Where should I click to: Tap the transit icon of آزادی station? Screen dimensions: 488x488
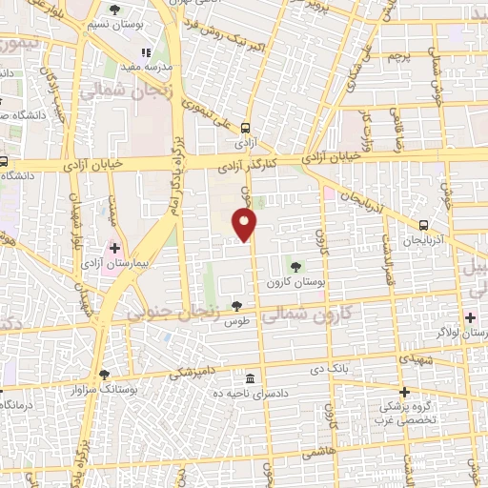pos(246,129)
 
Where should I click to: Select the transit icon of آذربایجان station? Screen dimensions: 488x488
pos(423,225)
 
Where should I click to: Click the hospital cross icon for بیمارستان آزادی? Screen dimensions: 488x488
pos(115,248)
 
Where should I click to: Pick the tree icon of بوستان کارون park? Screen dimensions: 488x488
pos(295,264)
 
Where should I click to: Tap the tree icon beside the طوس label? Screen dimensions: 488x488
pos(236,305)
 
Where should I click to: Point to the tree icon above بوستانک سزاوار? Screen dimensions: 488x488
pos(104,375)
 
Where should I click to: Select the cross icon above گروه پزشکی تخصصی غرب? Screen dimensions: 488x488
pos(404,392)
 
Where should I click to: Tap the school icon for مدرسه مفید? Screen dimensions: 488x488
pos(145,53)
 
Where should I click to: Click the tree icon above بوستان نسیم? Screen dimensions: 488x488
pos(115,10)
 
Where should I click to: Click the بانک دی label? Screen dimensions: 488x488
pos(339,367)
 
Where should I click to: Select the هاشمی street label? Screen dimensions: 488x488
pos(316,455)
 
